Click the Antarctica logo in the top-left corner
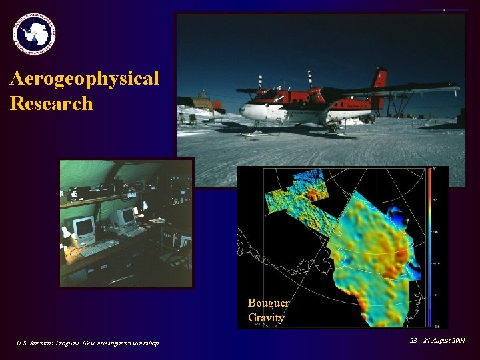pos(34,33)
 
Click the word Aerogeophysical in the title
pos(85,79)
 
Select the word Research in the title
pos(51,103)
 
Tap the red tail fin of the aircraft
pos(380,78)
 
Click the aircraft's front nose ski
pos(252,133)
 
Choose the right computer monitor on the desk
pos(124,217)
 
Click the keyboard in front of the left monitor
pos(98,248)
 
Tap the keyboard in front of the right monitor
pos(135,231)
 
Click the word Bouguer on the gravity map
pos(268,303)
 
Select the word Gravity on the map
pos(266,318)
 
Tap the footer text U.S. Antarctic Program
pos(47,343)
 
